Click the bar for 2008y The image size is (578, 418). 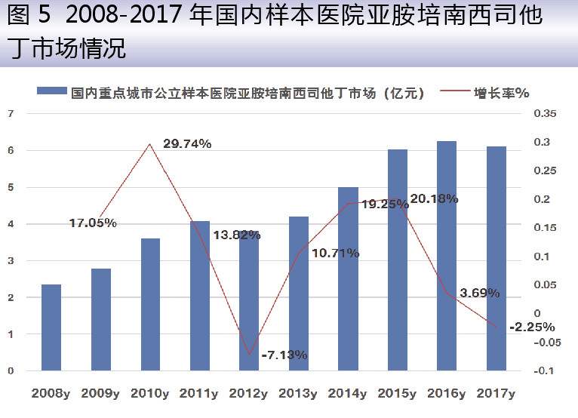pos(51,327)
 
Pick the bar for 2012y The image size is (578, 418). pos(249,302)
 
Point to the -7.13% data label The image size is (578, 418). pos(284,354)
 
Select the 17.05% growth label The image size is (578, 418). pos(92,223)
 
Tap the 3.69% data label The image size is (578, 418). pos(479,293)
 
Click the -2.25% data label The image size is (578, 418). pos(532,327)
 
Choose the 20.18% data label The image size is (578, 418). pos(434,198)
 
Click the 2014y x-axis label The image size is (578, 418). pos(348,393)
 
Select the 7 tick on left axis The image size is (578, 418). pos(11,113)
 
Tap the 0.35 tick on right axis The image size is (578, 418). pos(544,113)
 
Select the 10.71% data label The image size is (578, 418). pos(334,254)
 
